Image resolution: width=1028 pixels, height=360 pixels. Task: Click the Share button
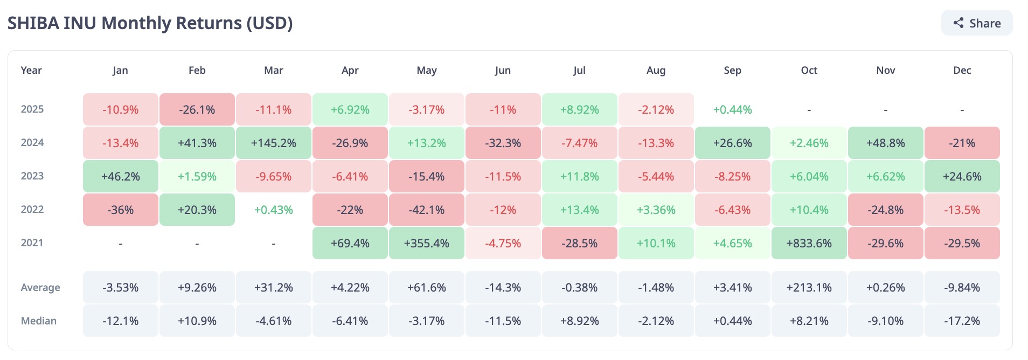[977, 23]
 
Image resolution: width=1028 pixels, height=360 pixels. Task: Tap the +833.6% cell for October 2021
[809, 243]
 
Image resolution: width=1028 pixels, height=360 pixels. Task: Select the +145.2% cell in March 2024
[274, 143]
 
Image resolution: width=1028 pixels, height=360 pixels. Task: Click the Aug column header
[656, 71]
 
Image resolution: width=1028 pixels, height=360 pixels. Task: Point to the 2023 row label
[32, 176]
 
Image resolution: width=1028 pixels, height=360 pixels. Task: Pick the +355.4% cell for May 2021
[426, 243]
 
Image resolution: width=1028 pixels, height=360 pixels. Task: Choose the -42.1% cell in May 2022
[426, 210]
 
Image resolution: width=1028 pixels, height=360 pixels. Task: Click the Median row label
[39, 321]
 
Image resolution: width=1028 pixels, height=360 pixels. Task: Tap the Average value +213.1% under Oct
[809, 287]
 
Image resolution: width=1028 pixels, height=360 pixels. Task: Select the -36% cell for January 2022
[121, 210]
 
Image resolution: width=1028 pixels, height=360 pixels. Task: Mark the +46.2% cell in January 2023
[121, 176]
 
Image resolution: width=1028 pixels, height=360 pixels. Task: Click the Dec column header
[962, 71]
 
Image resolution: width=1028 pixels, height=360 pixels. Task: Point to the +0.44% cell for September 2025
[732, 109]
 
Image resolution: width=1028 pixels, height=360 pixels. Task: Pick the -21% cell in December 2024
[962, 143]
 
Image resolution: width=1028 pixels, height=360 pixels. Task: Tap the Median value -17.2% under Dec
[962, 321]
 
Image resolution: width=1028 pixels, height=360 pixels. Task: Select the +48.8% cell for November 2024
[885, 143]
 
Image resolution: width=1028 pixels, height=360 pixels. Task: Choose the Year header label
[31, 71]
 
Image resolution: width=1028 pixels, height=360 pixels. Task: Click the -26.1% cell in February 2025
[197, 109]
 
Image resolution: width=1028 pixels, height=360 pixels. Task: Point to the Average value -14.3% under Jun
[503, 287]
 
